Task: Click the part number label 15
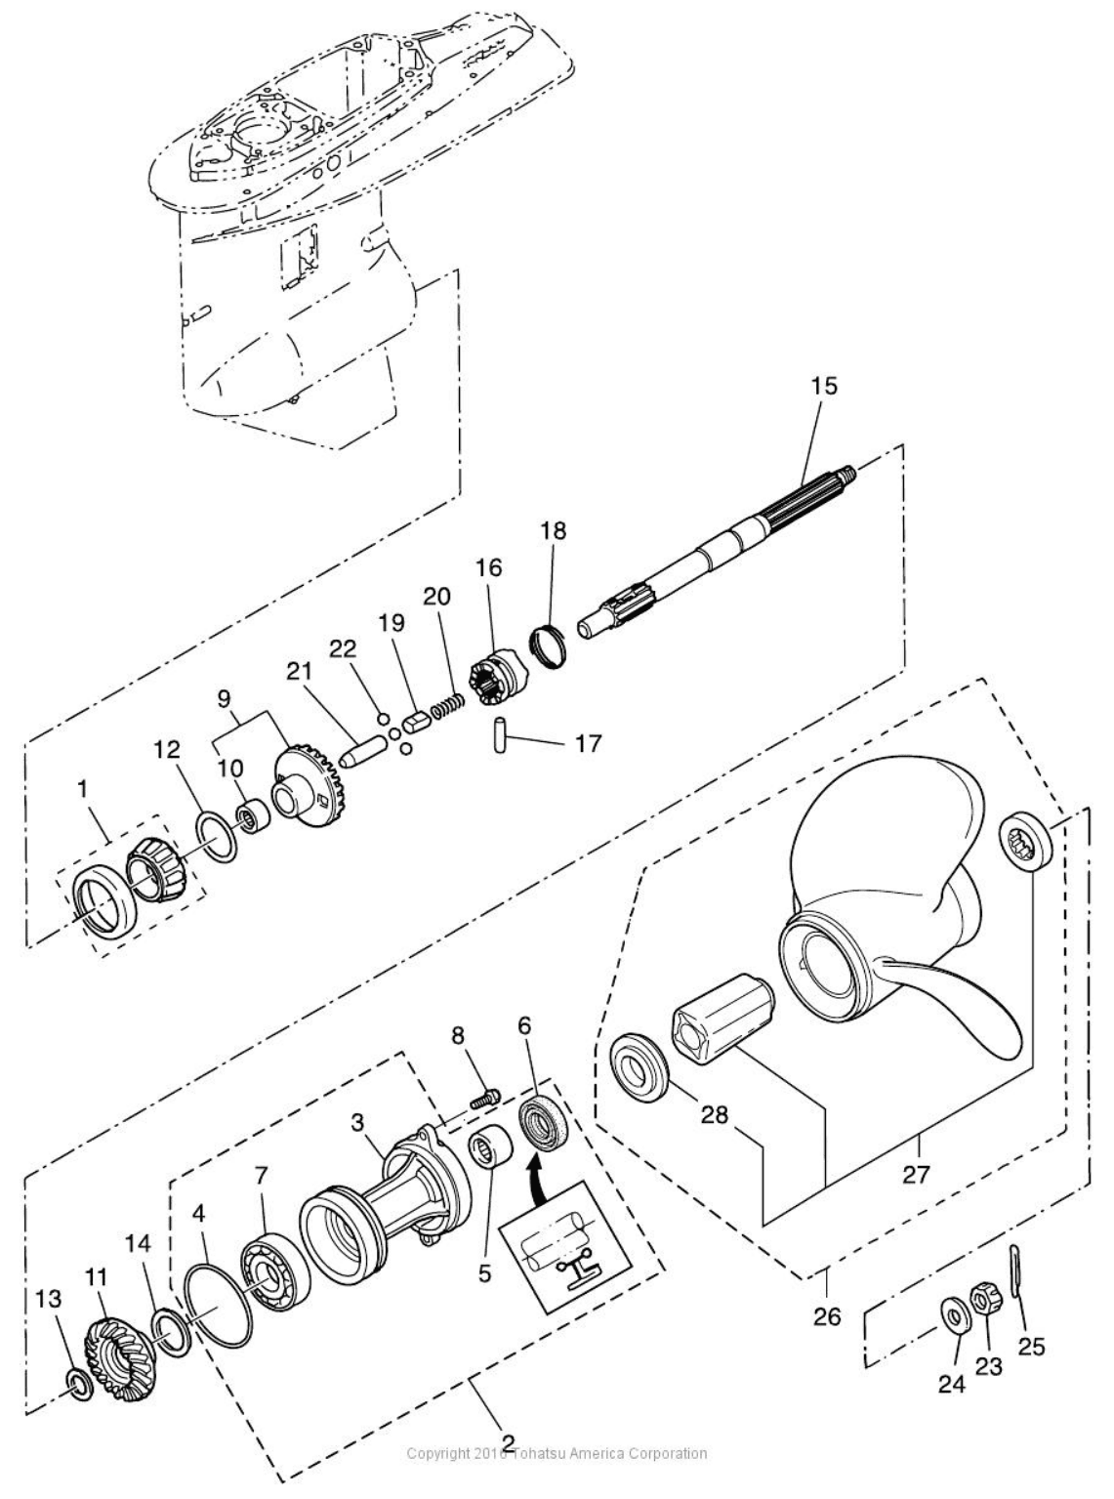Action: pyautogui.click(x=824, y=385)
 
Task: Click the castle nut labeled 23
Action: pyautogui.click(x=984, y=1299)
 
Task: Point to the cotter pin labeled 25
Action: pyautogui.click(x=1019, y=1270)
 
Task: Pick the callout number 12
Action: pyautogui.click(x=168, y=749)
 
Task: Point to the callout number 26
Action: pyautogui.click(x=827, y=1316)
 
